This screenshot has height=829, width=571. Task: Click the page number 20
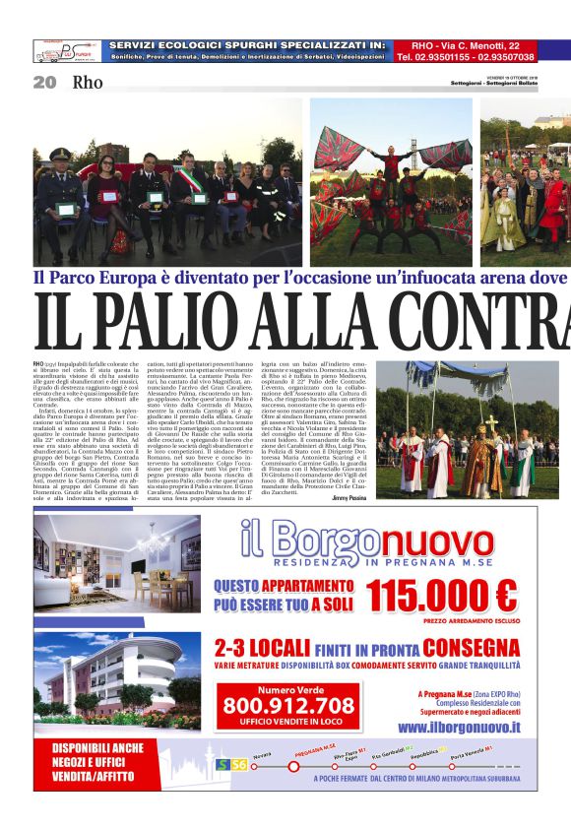click(44, 83)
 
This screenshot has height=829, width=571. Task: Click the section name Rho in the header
click(87, 83)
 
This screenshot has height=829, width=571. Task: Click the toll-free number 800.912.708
click(287, 705)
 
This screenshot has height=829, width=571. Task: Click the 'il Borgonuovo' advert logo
click(374, 539)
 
